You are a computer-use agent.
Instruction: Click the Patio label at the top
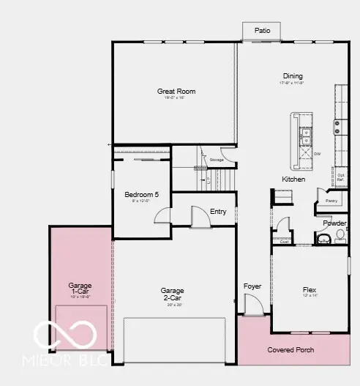pyautogui.click(x=262, y=31)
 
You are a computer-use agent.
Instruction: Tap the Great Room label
pyautogui.click(x=176, y=92)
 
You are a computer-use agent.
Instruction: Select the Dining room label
pyautogui.click(x=293, y=76)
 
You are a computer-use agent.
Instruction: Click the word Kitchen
pyautogui.click(x=294, y=179)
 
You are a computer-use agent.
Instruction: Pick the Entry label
pyautogui.click(x=218, y=212)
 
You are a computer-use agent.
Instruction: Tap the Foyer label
pyautogui.click(x=252, y=286)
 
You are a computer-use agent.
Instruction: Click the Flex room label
pyautogui.click(x=309, y=290)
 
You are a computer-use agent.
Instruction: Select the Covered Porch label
pyautogui.click(x=290, y=350)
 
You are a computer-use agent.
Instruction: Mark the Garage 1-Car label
pyautogui.click(x=79, y=288)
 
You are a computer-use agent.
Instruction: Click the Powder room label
pyautogui.click(x=334, y=223)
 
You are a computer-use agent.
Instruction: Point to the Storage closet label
pyautogui.click(x=216, y=158)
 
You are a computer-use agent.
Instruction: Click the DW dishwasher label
pyautogui.click(x=318, y=154)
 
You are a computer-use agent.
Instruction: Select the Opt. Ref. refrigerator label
pyautogui.click(x=341, y=177)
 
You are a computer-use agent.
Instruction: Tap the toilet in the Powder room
pyautogui.click(x=340, y=235)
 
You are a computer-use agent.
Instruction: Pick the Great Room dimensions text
pyautogui.click(x=176, y=98)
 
